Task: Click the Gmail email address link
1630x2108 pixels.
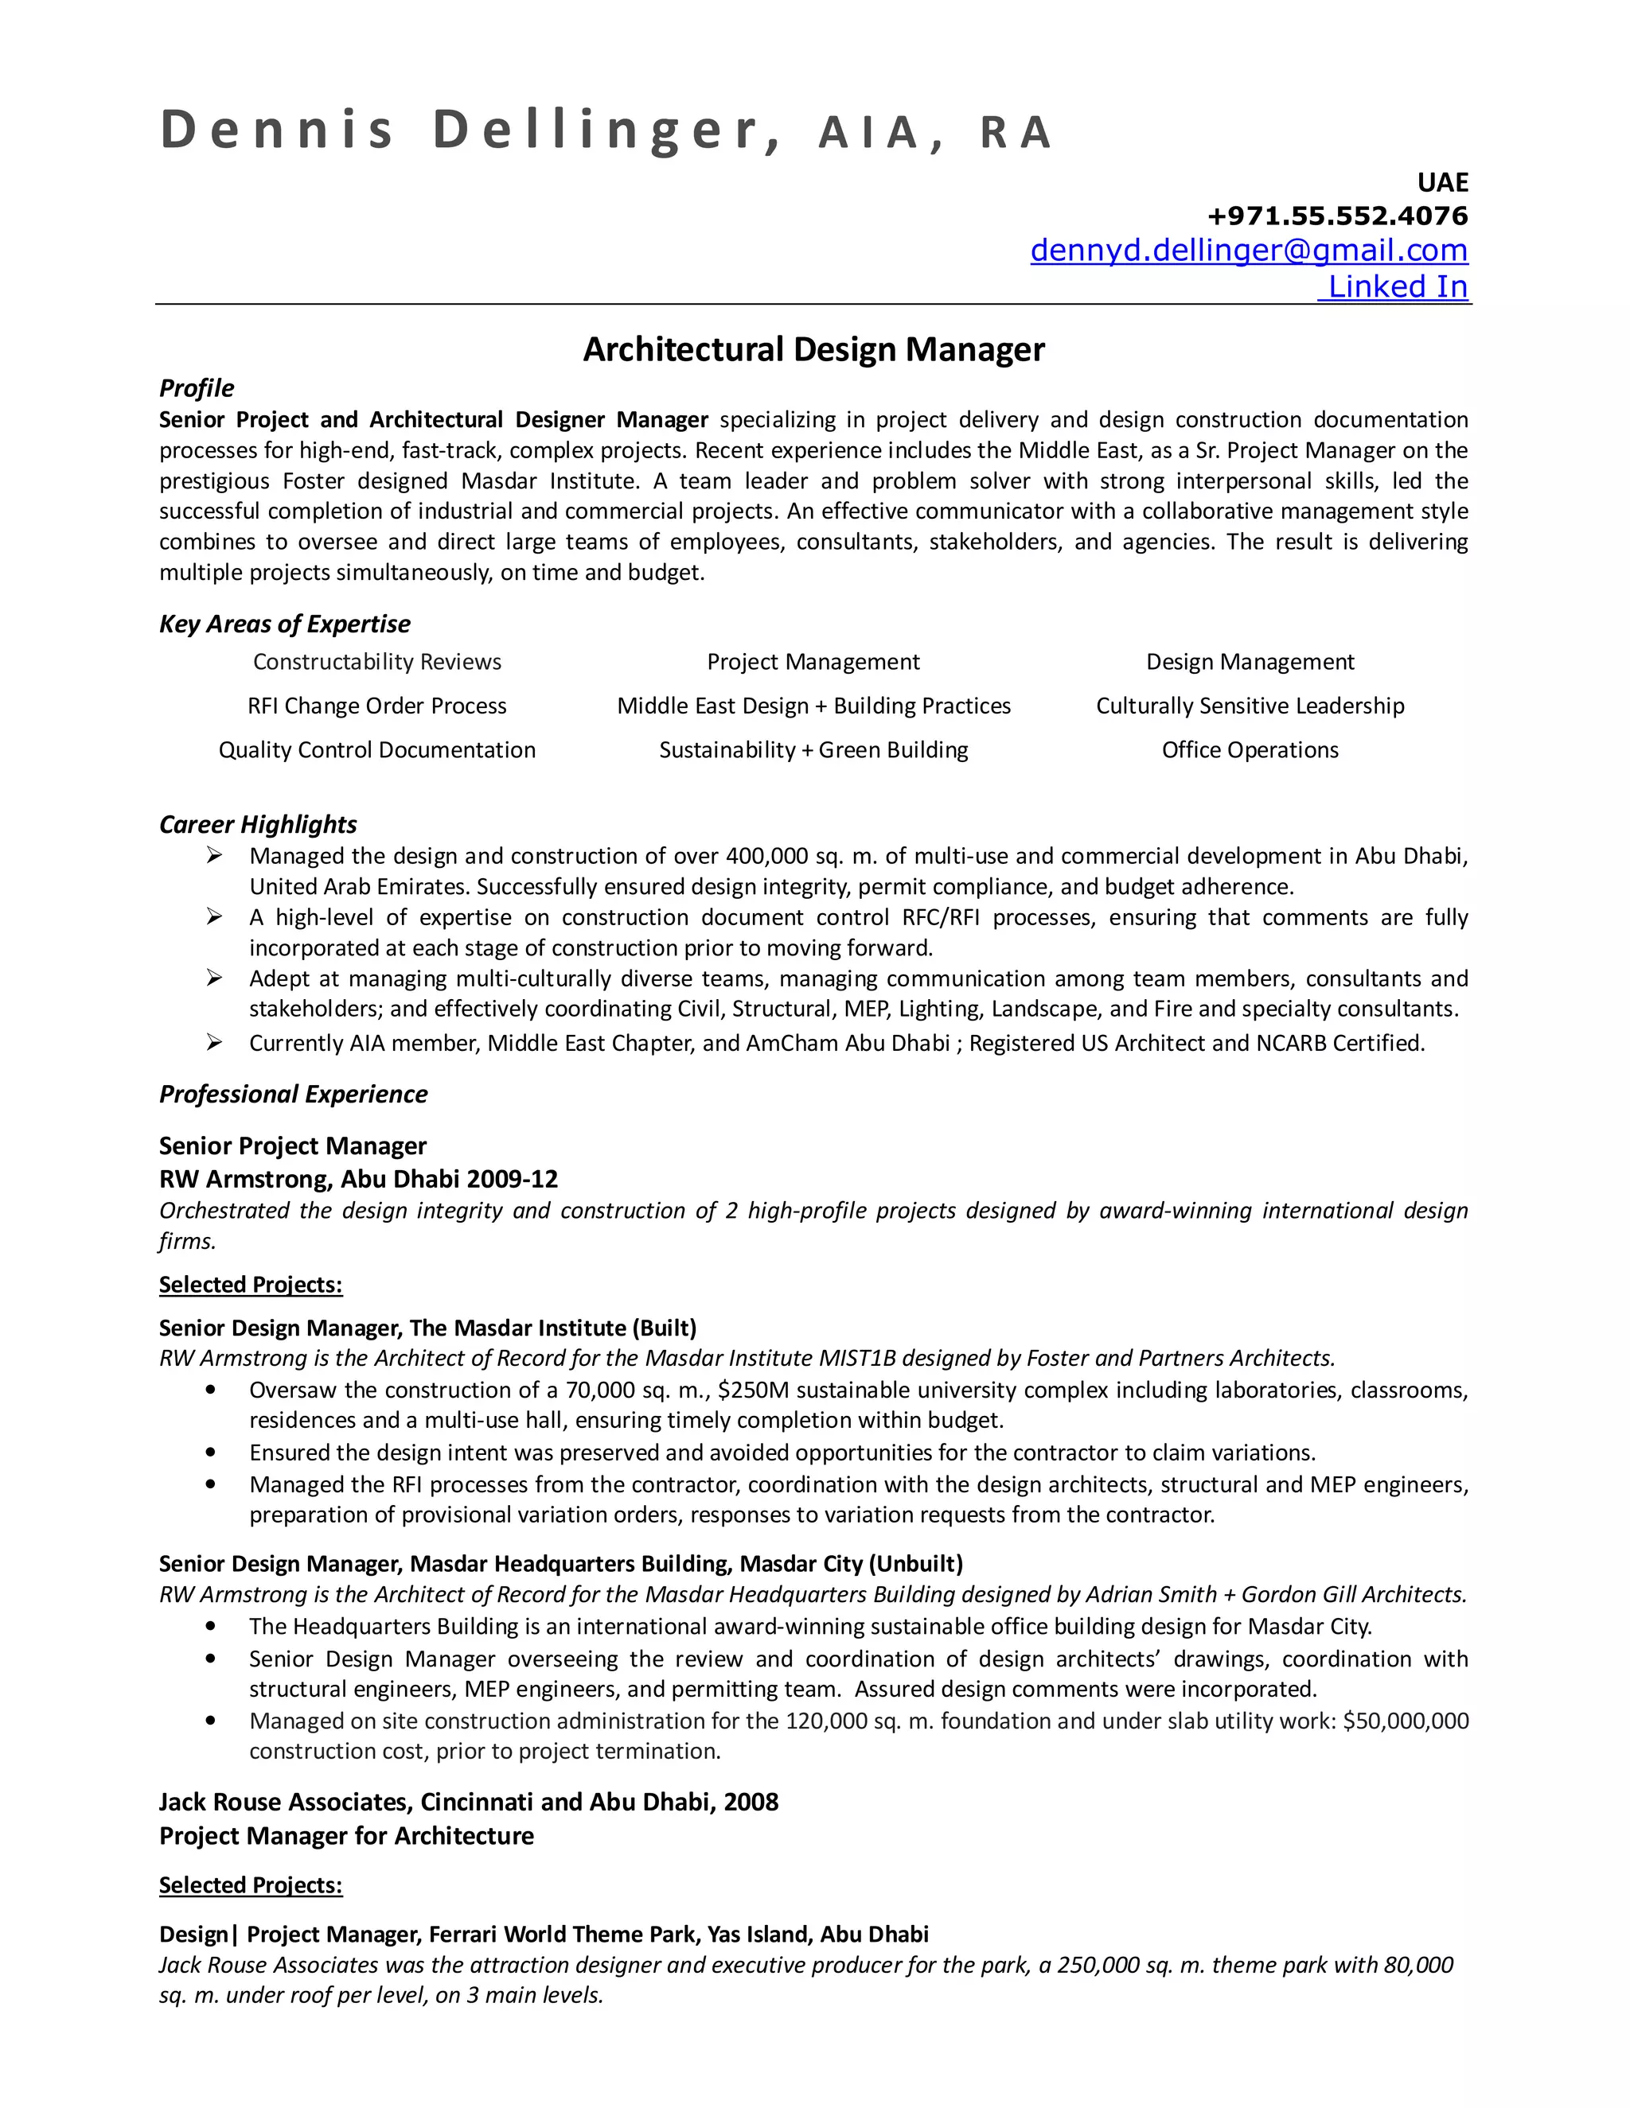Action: click(1248, 250)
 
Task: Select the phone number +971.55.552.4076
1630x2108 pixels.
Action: click(1336, 216)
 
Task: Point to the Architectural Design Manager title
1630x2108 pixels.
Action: click(813, 349)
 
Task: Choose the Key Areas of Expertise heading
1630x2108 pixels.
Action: click(284, 624)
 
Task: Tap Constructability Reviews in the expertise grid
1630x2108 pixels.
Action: click(376, 662)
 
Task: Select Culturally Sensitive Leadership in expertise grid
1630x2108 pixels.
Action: click(1250, 706)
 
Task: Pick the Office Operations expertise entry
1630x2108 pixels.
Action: click(1250, 751)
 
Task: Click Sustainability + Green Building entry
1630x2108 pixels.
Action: click(813, 751)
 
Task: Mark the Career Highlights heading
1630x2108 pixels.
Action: click(258, 824)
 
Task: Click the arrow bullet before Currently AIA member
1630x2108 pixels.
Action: click(214, 1042)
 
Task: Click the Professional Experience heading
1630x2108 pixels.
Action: click(293, 1095)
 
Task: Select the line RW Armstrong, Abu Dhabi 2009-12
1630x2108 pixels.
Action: click(358, 1180)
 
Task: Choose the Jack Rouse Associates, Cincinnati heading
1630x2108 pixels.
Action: click(468, 1802)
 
